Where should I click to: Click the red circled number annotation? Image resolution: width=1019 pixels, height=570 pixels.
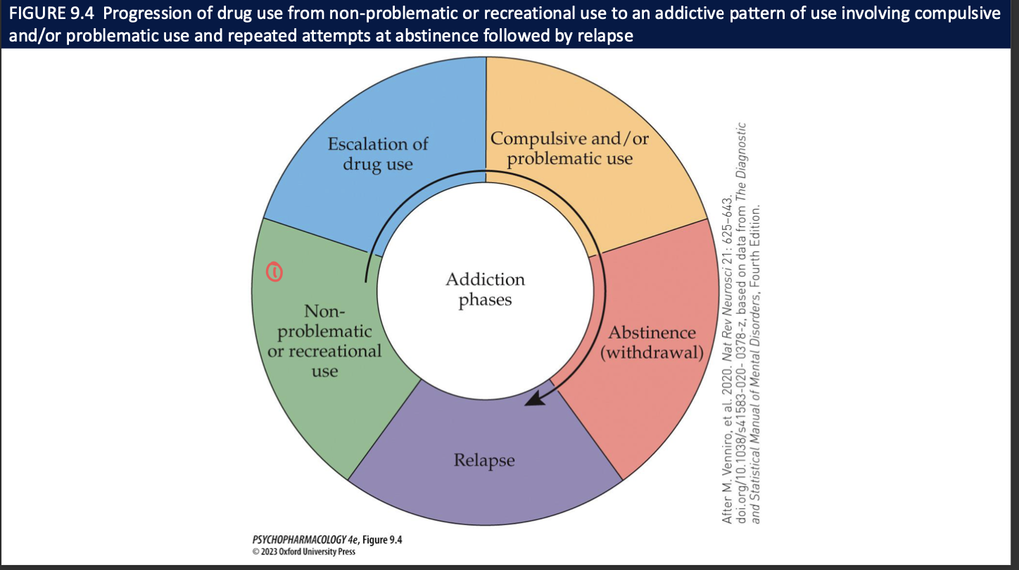[275, 271]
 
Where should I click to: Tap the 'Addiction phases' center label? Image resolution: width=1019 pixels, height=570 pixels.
[485, 289]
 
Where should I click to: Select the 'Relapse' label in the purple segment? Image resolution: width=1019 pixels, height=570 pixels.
[484, 460]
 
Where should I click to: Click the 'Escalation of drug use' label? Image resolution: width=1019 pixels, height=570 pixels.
[378, 154]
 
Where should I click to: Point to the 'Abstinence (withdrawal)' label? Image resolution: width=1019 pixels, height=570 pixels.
[652, 342]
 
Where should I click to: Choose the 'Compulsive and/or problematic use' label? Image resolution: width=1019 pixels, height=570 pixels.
[570, 148]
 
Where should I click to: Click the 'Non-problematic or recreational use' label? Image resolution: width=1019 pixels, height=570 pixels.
[325, 341]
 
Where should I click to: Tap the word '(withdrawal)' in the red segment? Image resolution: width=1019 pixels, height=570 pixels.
[652, 352]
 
